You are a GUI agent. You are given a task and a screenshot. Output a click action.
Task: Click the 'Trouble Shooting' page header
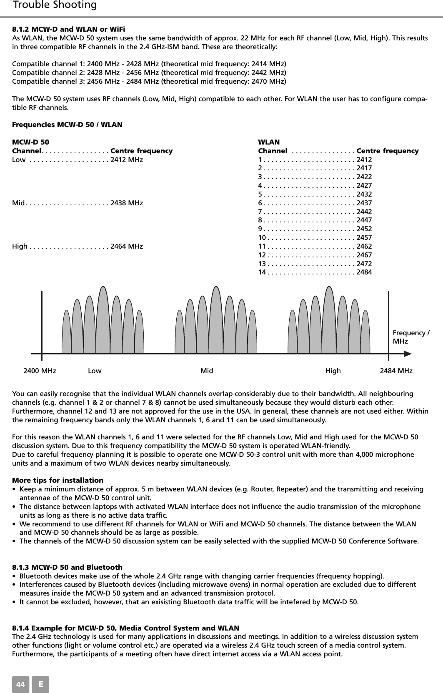(55, 5)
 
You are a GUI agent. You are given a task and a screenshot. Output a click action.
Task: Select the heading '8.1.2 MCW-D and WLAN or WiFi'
(69, 29)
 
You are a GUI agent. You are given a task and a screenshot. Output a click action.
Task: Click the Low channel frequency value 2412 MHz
(126, 160)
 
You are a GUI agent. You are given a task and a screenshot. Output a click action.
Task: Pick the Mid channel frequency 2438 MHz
(126, 203)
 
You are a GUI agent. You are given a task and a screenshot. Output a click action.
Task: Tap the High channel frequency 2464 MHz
(126, 247)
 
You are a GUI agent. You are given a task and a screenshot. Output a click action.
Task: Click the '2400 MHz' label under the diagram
(40, 371)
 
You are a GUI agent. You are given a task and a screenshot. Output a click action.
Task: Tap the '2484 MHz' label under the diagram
(396, 371)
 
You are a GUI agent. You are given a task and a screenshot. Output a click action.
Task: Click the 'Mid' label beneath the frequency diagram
(207, 371)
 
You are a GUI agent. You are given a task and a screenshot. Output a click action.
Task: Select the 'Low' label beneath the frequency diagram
(95, 371)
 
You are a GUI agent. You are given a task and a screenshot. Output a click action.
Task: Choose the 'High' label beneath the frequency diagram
(333, 371)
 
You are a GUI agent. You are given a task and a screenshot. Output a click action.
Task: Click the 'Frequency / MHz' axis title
(411, 337)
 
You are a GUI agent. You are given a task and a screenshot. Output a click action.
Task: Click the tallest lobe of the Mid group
(216, 321)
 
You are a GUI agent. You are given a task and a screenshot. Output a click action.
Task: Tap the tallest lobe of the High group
(329, 321)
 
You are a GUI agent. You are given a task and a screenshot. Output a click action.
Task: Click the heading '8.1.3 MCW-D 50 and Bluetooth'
(68, 567)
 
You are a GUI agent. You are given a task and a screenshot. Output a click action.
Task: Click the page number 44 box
(20, 684)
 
